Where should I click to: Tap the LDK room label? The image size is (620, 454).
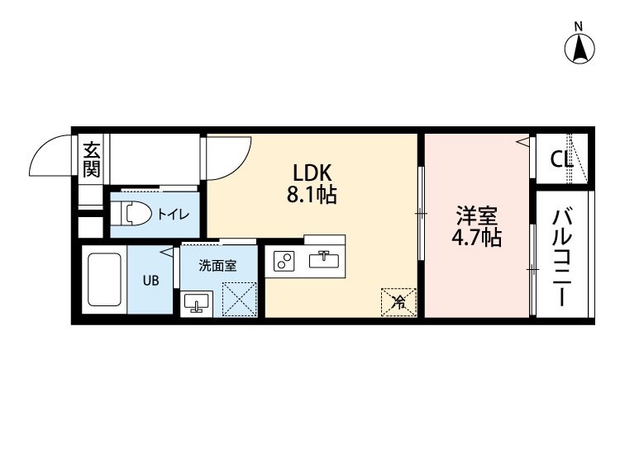tap(312, 173)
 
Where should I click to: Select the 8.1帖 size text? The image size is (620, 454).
tap(312, 195)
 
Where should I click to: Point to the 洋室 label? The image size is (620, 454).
tap(476, 215)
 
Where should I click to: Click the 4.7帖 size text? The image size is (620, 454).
tap(476, 238)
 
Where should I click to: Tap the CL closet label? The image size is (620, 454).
tap(561, 159)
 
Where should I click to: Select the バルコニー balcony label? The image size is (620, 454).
tap(562, 257)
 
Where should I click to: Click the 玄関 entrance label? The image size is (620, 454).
tap(91, 159)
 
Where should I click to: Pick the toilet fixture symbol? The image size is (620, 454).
tap(131, 215)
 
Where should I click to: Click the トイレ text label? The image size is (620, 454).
tap(174, 215)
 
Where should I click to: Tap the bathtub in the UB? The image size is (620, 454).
tap(104, 280)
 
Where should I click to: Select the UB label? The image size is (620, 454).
tap(150, 281)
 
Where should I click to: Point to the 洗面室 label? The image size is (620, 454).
tap(217, 266)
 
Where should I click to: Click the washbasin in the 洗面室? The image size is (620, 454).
tap(197, 304)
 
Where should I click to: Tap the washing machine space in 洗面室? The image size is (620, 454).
tap(239, 299)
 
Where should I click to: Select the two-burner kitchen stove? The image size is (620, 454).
tap(284, 261)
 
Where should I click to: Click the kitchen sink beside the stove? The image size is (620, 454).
tap(324, 261)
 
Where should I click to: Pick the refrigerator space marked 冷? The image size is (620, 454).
tap(398, 302)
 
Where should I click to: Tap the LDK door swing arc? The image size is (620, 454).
tap(238, 165)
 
